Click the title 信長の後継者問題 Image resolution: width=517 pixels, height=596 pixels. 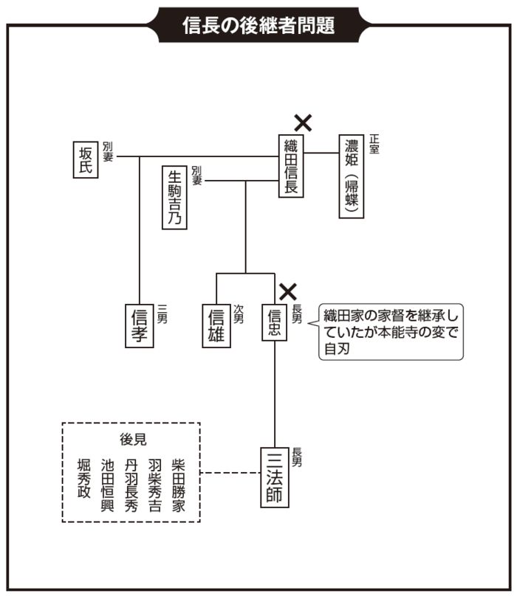(258, 26)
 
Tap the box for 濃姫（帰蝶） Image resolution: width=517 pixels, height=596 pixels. (352, 176)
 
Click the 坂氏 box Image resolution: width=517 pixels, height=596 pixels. (86, 157)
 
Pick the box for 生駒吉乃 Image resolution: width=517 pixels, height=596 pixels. (174, 198)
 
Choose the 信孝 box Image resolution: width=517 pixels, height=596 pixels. (140, 325)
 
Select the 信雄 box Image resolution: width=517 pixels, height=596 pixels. (216, 325)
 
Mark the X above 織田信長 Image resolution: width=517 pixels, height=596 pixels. (303, 122)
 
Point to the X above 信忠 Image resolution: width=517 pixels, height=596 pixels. (287, 291)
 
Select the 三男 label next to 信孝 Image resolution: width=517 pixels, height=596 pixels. (163, 313)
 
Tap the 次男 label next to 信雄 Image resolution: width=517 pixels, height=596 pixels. (239, 313)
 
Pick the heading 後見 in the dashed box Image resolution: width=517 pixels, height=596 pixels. (133, 439)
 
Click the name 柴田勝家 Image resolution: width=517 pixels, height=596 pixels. (178, 485)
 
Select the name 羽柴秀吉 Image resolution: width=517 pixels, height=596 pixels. (154, 485)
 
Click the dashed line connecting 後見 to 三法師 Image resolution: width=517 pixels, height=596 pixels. (230, 473)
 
